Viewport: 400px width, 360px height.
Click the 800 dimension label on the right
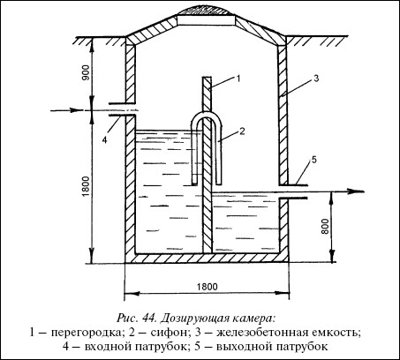(x=325, y=226)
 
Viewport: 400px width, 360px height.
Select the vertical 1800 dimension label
(x=86, y=186)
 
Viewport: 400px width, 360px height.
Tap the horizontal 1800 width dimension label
(x=207, y=287)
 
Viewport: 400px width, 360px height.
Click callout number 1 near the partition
(x=238, y=79)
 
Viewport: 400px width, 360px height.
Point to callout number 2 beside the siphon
(x=242, y=131)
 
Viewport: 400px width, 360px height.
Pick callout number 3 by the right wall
(x=316, y=79)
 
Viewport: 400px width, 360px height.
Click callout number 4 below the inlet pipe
(x=104, y=139)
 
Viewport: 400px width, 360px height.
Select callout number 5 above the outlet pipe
(x=313, y=160)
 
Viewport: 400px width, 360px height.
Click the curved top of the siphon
(x=207, y=114)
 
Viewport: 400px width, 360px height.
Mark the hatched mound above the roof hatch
(x=207, y=11)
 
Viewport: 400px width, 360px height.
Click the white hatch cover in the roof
(x=207, y=20)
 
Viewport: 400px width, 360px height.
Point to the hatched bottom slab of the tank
(x=207, y=258)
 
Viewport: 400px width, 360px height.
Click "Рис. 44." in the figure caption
(x=137, y=319)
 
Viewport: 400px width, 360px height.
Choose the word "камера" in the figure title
(x=253, y=319)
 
